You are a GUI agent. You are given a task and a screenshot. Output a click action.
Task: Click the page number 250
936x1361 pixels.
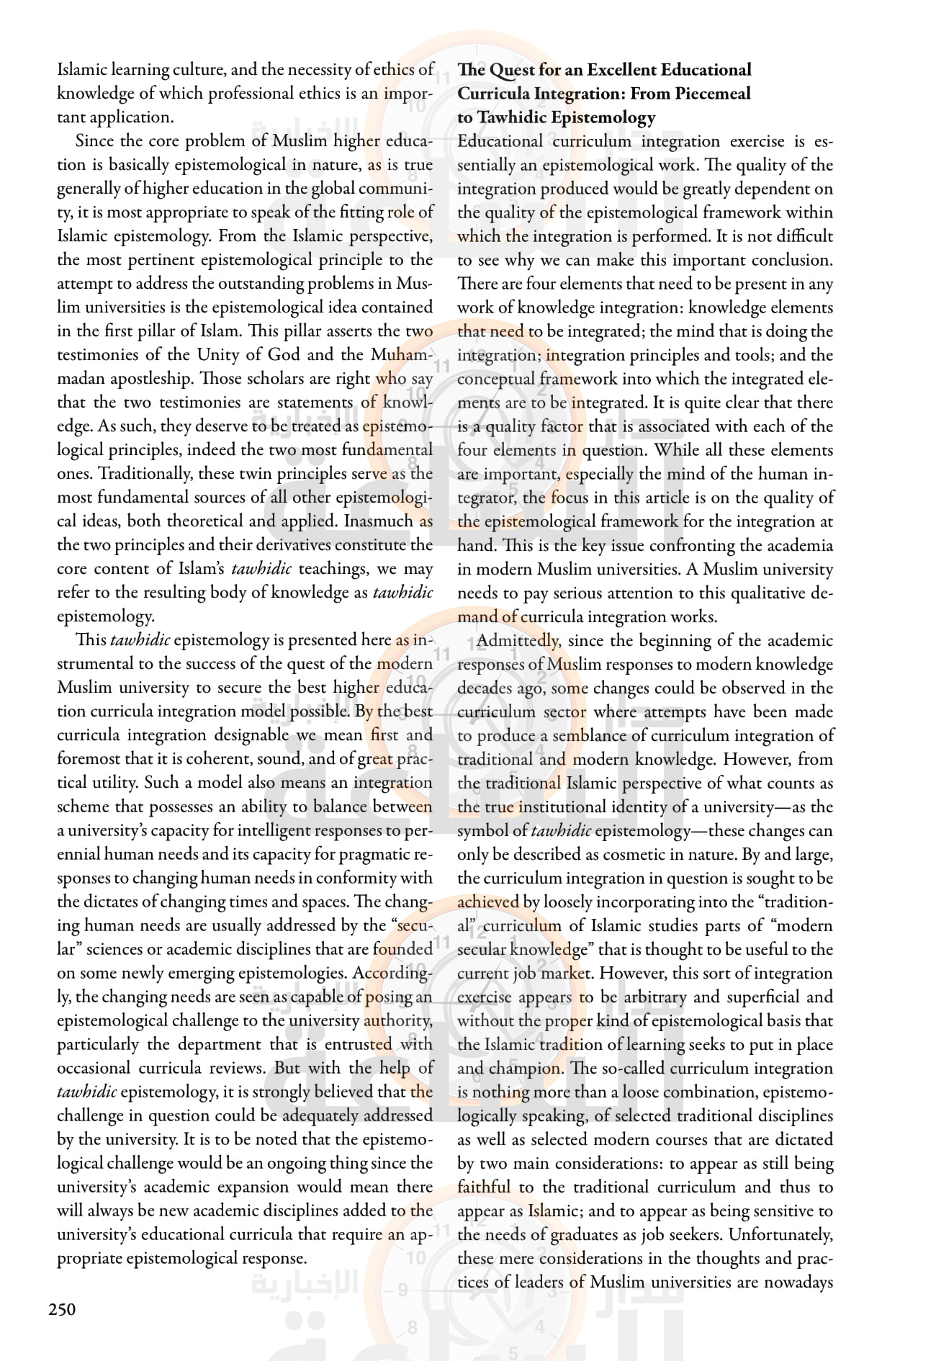coord(62,1308)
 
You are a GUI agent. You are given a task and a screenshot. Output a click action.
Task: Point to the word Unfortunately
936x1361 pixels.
coord(780,1234)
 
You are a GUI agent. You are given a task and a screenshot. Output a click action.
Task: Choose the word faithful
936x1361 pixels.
coord(484,1187)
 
